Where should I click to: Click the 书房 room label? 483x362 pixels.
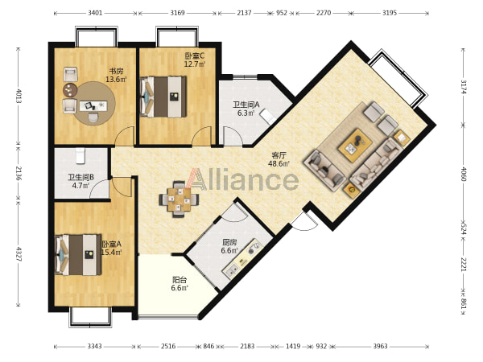point(116,71)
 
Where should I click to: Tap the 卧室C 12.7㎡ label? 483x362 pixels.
point(195,60)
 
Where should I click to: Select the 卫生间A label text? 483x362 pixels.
point(246,105)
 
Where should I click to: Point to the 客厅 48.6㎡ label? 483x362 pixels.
point(279,159)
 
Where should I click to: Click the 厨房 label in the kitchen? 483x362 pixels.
point(229,242)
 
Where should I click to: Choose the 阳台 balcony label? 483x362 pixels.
point(180,280)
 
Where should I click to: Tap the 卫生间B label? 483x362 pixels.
point(81,177)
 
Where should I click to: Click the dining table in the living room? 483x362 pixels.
point(179,200)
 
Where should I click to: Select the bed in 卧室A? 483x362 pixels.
point(78,254)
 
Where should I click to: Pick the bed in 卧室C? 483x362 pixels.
point(163,97)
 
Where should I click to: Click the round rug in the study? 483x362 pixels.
point(96,103)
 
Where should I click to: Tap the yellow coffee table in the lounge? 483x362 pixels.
point(355,146)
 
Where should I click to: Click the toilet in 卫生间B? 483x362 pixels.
point(80,155)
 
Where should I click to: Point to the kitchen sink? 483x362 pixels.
point(232,270)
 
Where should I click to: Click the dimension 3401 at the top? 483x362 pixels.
point(95,13)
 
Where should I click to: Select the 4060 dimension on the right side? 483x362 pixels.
point(464,174)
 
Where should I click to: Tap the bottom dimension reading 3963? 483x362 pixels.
point(380,346)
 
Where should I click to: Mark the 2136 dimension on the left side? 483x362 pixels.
point(19,174)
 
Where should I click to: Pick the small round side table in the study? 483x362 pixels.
point(70,90)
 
